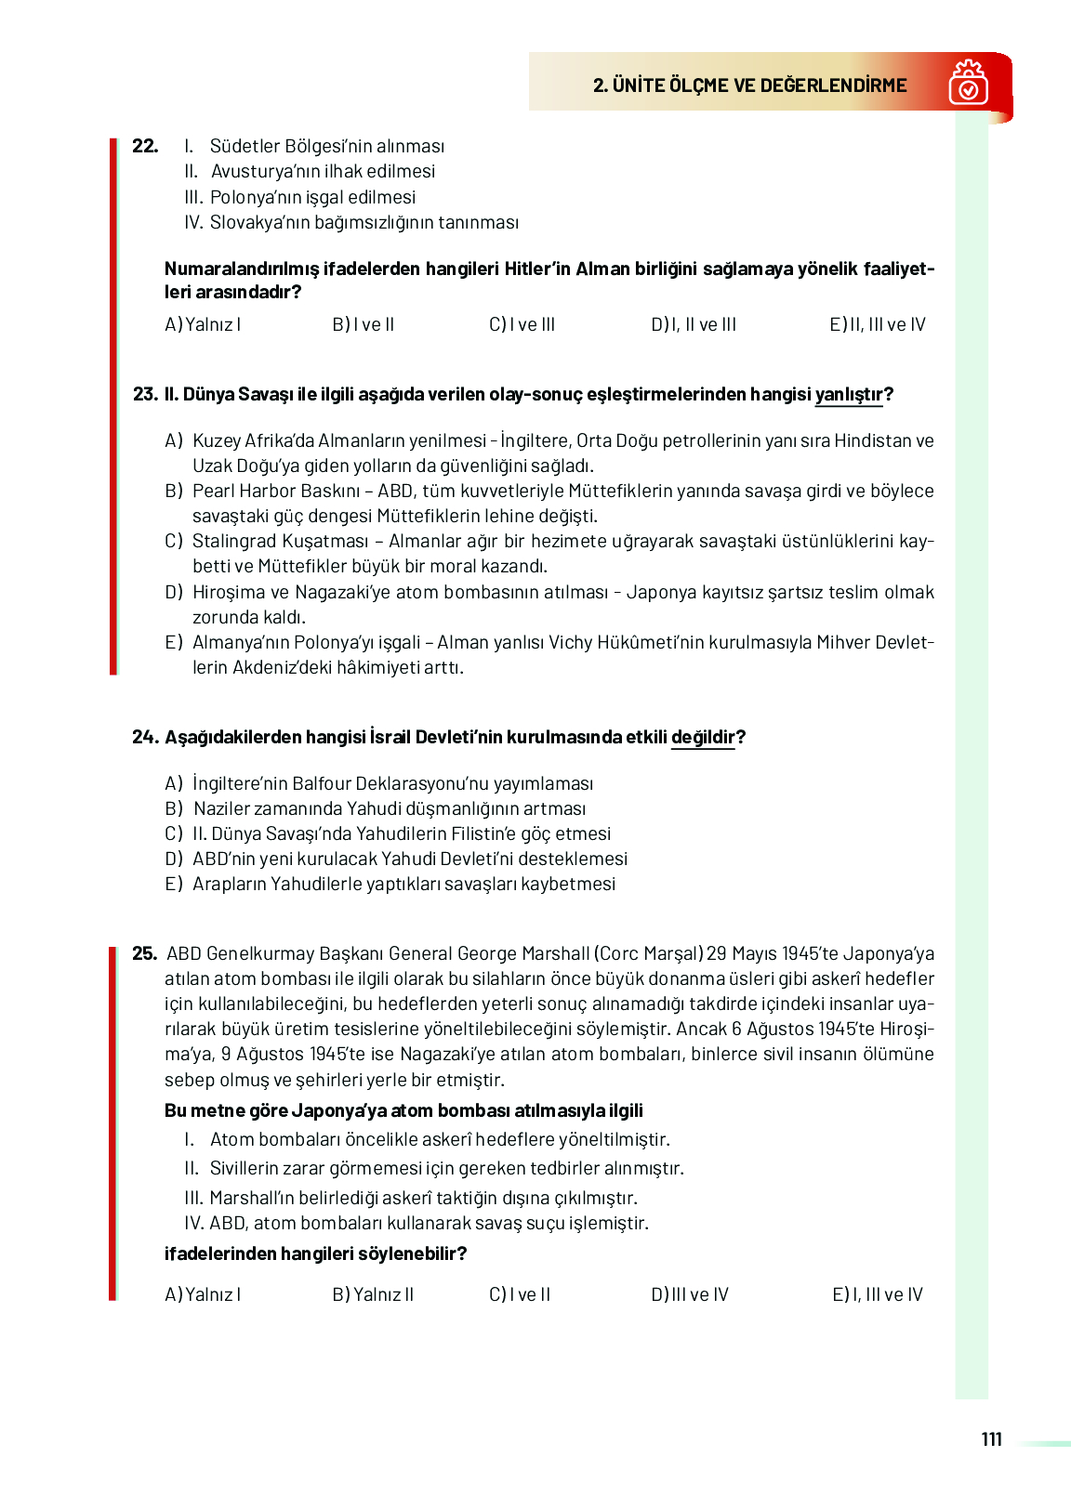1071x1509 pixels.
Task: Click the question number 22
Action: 145,146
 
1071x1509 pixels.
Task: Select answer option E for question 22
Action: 877,324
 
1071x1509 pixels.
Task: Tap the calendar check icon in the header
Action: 968,84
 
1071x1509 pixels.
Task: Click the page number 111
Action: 991,1439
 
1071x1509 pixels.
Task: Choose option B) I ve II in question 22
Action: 364,324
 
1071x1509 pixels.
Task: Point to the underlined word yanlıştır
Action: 848,395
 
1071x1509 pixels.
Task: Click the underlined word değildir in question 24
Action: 703,738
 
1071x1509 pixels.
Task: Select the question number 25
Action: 144,953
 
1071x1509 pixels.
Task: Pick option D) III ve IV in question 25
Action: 690,1294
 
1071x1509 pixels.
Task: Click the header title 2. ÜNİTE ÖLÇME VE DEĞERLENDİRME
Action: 749,85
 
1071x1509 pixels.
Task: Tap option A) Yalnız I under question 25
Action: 203,1294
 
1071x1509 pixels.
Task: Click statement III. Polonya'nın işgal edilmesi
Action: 300,197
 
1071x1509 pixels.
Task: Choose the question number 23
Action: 145,395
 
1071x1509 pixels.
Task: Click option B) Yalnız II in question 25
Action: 373,1294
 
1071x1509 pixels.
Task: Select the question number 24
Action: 145,738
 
